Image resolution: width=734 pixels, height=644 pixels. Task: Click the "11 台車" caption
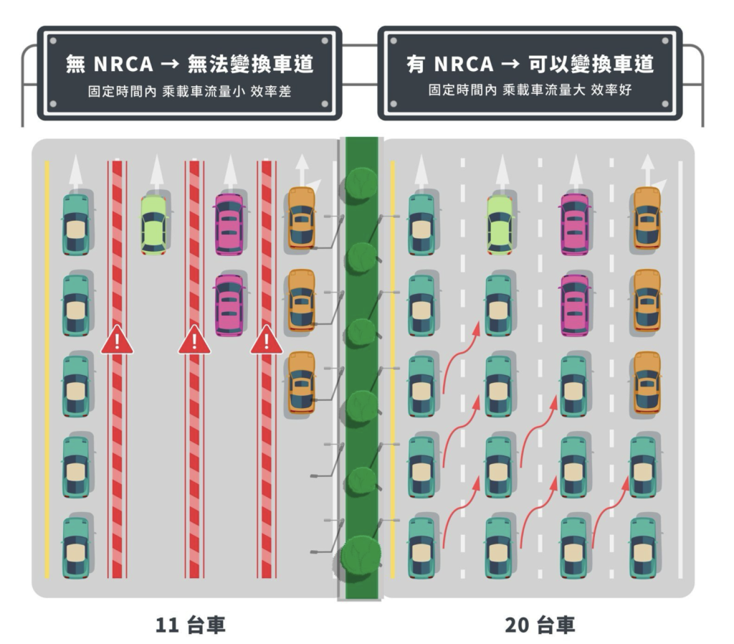point(190,625)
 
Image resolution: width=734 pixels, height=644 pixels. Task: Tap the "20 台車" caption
point(540,625)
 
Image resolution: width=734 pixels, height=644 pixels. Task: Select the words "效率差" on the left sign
point(270,91)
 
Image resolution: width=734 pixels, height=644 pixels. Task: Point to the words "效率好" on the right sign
point(611,90)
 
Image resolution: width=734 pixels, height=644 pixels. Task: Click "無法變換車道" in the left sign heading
point(250,64)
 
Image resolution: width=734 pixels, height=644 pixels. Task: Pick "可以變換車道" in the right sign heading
point(591,64)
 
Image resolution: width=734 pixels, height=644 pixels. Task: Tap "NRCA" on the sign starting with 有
point(464,64)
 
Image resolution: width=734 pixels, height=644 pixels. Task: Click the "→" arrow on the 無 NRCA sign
point(171,64)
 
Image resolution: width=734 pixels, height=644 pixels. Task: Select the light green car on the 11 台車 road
point(154,224)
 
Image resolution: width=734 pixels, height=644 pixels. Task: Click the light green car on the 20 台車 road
point(500,224)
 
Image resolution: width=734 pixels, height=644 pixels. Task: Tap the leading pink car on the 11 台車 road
point(229,224)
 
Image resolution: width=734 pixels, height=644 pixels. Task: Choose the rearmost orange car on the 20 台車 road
point(647,383)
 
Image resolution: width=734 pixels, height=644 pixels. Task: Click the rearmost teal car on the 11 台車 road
point(76,547)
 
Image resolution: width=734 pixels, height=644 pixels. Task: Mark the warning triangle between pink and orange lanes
point(267,339)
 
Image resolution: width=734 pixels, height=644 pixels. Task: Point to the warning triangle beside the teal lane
point(117,339)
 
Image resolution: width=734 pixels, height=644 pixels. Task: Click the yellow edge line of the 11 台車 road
point(47,369)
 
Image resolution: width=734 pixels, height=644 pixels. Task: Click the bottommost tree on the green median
point(361,556)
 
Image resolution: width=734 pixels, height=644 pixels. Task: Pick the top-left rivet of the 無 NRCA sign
point(53,41)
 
